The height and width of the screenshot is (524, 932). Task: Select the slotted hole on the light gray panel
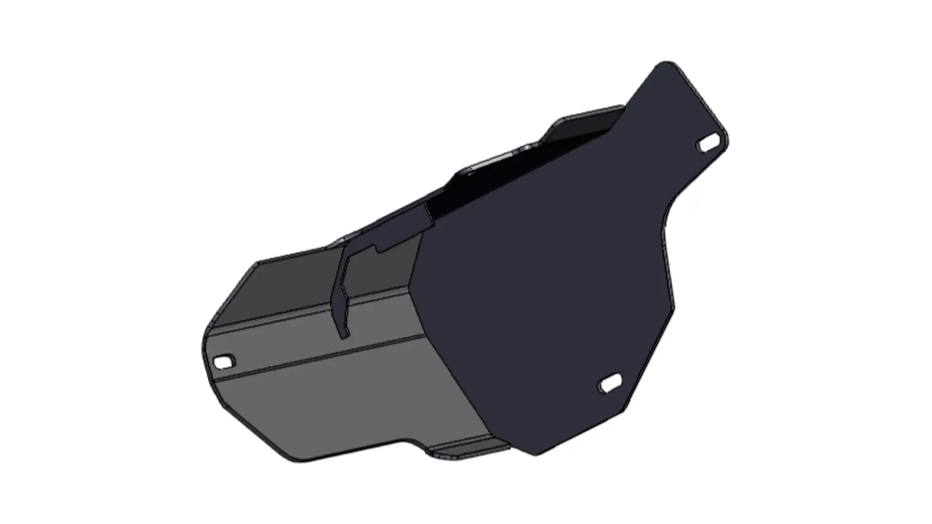coord(224,361)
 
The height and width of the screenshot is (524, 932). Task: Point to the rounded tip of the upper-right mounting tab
coord(666,64)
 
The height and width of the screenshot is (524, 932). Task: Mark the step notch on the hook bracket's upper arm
coord(379,249)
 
